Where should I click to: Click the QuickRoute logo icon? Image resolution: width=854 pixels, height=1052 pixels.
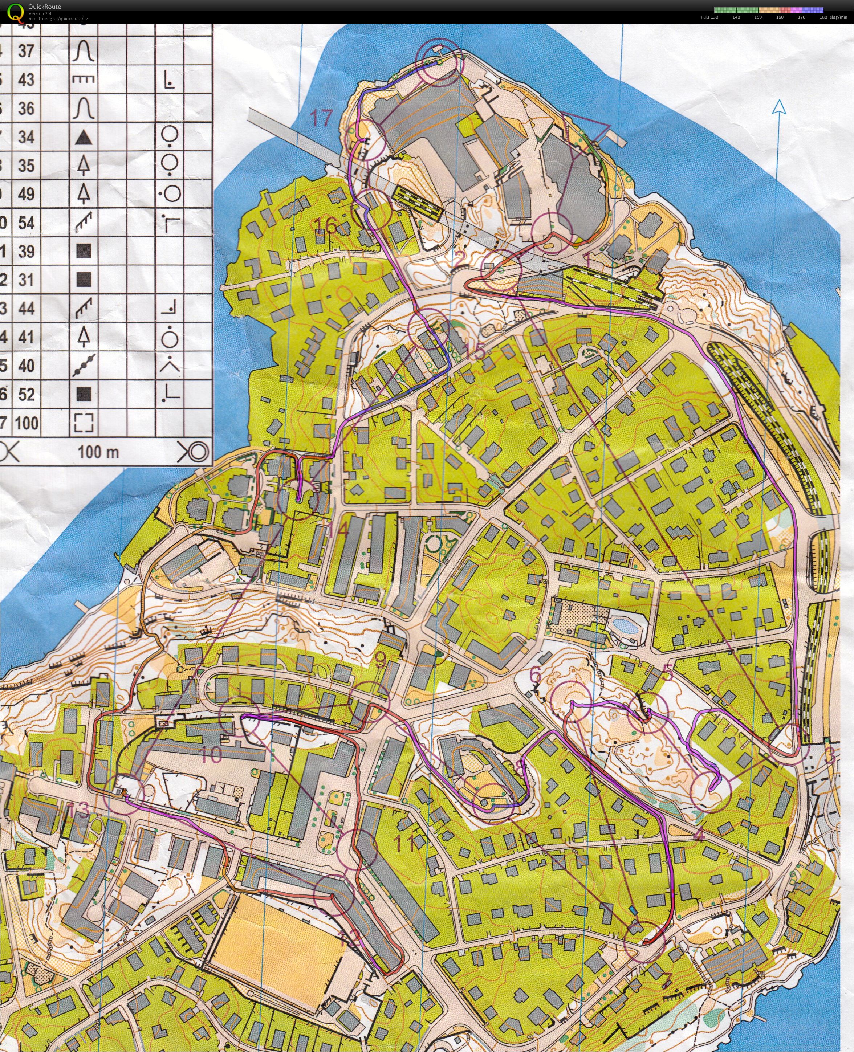coord(15,12)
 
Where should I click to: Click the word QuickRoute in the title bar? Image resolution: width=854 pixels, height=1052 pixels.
coord(45,7)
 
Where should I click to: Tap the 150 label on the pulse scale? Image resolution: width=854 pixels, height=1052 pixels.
coord(758,17)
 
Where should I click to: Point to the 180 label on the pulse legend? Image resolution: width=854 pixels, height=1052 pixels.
coord(823,17)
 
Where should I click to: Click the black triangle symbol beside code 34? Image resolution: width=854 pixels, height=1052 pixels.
coord(84,138)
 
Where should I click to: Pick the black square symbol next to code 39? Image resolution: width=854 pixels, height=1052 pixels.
coord(84,252)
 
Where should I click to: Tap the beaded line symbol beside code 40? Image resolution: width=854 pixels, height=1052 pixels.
coord(84,366)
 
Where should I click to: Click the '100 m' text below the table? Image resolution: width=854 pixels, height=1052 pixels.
coord(98,452)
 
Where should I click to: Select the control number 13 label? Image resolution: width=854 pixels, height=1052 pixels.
coord(79,810)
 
